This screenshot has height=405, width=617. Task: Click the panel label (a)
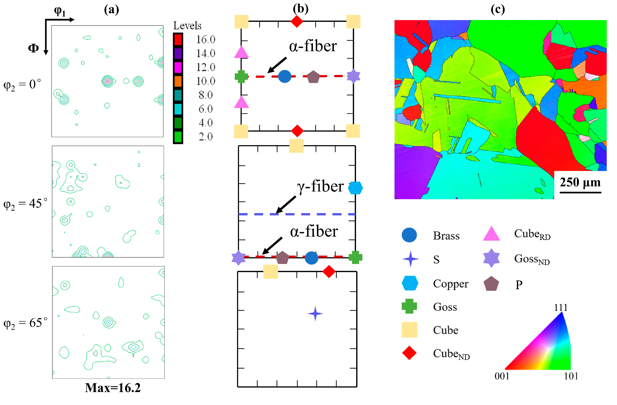(112, 10)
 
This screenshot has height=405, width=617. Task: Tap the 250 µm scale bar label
(580, 182)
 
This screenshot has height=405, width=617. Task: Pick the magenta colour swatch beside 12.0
(178, 67)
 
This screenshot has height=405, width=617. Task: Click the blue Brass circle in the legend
(409, 235)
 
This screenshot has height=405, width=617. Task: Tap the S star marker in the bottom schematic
(315, 314)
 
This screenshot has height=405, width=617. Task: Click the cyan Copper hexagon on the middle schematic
(355, 188)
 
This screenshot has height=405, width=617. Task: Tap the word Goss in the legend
(445, 307)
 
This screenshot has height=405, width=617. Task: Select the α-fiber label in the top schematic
(313, 46)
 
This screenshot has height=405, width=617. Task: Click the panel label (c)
(498, 10)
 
